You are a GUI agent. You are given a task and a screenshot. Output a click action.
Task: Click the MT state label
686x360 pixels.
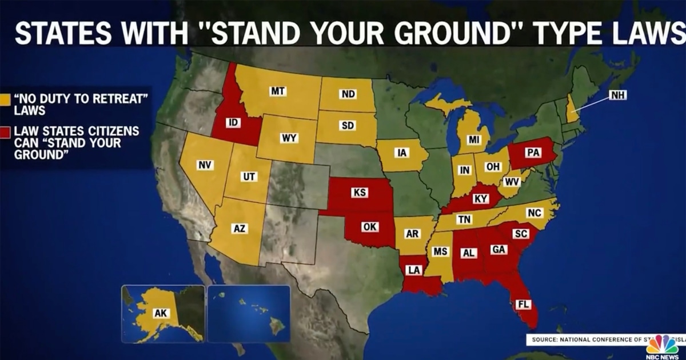click(278, 91)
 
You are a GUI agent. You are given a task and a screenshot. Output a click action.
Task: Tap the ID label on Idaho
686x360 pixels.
click(232, 123)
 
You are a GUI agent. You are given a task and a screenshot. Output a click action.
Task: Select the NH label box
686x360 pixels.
click(617, 95)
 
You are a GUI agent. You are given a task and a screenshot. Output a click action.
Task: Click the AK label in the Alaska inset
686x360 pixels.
click(159, 313)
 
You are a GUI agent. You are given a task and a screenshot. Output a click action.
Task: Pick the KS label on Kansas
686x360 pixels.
click(360, 193)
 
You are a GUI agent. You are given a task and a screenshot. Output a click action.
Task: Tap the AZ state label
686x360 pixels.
click(240, 229)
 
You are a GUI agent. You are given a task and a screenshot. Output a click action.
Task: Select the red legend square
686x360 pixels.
click(5, 131)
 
